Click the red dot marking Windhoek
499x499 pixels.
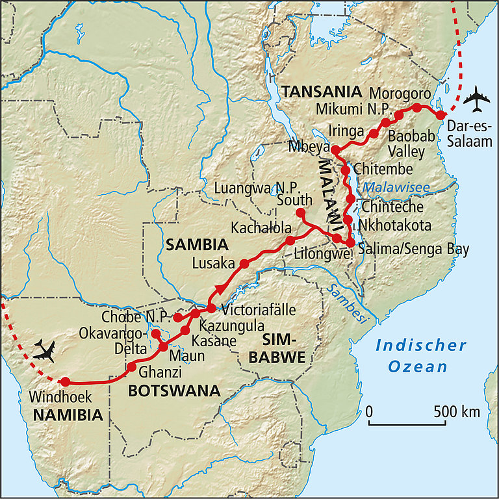point(64,381)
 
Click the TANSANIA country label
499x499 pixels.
point(321,92)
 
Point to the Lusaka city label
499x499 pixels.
point(214,264)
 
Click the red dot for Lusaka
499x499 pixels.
point(244,264)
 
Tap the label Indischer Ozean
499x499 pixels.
point(421,355)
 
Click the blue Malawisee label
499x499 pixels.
point(396,188)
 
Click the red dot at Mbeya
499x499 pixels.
point(335,150)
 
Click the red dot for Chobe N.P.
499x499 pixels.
point(177,318)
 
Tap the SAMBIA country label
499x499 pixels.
point(196,245)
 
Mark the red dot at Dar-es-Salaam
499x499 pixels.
point(441,115)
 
